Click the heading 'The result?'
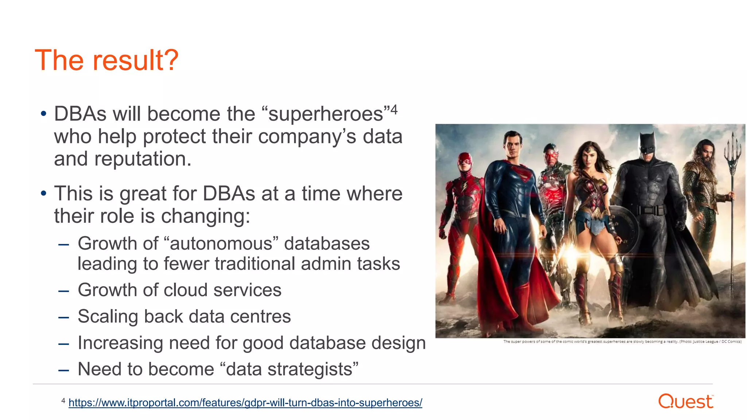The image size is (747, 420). (x=107, y=61)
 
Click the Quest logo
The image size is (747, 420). (x=685, y=401)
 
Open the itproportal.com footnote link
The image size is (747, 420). (x=245, y=403)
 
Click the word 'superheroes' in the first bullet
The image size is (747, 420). (x=326, y=114)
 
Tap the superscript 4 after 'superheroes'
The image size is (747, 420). (x=394, y=109)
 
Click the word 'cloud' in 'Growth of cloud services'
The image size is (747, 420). (x=186, y=290)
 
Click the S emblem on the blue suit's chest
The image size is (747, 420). (x=523, y=174)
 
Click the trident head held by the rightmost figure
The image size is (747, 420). (x=732, y=149)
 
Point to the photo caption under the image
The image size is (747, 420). (x=622, y=342)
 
